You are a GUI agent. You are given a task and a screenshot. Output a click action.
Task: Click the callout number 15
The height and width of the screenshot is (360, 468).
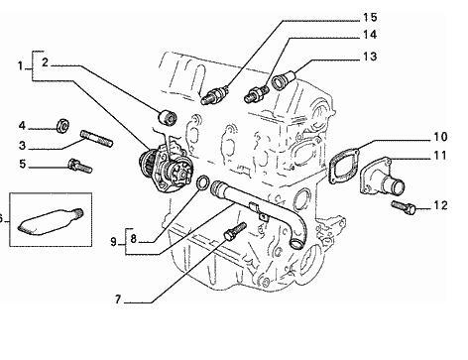[x=370, y=17]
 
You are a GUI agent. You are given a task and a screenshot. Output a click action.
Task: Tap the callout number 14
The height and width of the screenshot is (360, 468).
[x=370, y=35]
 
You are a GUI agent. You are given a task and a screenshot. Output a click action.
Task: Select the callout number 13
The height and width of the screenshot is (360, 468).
[x=370, y=57]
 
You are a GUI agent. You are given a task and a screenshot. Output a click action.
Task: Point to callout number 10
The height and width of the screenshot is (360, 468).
[x=440, y=137]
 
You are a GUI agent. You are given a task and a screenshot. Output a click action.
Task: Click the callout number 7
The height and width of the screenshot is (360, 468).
[x=118, y=300]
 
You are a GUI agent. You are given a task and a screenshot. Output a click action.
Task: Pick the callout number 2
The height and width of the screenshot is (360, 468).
[x=45, y=62]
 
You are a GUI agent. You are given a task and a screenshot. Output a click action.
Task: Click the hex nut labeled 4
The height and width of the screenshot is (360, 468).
[x=62, y=126]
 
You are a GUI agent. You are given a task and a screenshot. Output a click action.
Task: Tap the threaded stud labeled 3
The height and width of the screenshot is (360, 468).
[x=96, y=138]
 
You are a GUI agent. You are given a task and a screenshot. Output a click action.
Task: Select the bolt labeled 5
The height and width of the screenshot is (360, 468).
[x=80, y=166]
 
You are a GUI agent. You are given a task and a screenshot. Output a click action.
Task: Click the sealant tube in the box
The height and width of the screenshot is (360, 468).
[x=50, y=220]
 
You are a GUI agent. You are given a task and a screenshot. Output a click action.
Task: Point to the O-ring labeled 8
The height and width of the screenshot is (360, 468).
[x=202, y=183]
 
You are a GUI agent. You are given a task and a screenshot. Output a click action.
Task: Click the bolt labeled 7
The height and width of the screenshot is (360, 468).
[x=235, y=230]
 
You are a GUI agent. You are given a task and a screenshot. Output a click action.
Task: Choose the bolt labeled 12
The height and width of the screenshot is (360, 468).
[x=403, y=207]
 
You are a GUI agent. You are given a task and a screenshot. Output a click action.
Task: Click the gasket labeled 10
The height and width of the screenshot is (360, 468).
[x=344, y=166]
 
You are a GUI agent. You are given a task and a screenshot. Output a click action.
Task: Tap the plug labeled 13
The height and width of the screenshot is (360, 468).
[x=284, y=79]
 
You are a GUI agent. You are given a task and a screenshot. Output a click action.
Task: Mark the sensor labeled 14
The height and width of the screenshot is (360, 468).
[x=257, y=93]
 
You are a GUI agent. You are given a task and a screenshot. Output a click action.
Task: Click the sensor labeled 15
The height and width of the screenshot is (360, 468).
[x=214, y=95]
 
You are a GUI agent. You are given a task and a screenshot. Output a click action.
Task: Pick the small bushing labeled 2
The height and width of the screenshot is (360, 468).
[x=168, y=118]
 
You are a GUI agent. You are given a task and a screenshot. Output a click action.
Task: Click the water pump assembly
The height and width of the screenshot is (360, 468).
[x=166, y=167]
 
